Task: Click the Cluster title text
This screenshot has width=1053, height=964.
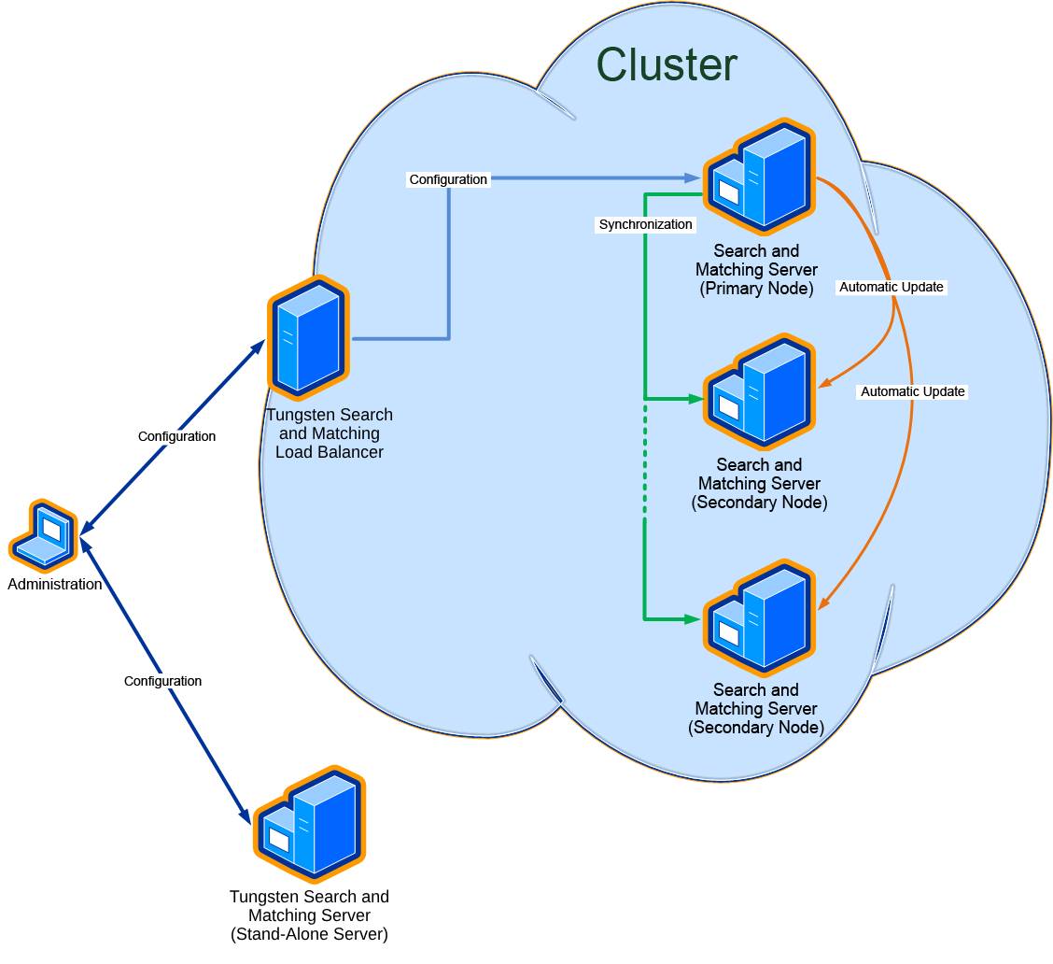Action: click(667, 65)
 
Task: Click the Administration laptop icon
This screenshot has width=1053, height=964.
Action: click(44, 536)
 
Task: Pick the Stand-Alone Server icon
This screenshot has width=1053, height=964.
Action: click(310, 824)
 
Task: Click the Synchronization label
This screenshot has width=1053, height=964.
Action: click(646, 224)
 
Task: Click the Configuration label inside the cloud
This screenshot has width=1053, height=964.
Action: click(448, 179)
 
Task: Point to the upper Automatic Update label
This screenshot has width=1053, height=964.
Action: click(892, 287)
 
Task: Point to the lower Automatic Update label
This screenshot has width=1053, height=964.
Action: click(912, 391)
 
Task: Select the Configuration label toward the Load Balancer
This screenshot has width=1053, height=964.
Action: click(176, 436)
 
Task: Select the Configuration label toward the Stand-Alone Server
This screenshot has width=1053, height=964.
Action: click(162, 681)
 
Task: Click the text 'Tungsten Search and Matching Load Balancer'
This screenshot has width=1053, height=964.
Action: click(330, 433)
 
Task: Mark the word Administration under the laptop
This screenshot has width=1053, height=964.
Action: click(55, 585)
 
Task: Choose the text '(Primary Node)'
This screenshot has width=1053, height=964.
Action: click(756, 289)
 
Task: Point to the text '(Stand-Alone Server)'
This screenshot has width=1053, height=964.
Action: click(309, 934)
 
